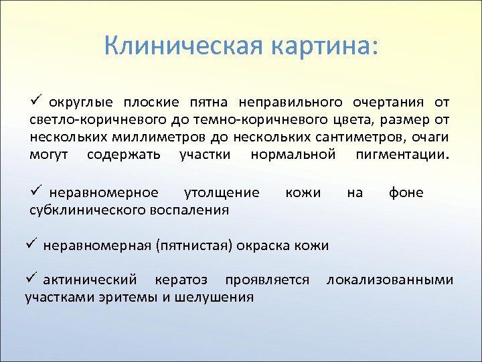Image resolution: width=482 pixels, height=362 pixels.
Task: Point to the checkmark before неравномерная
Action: point(30,244)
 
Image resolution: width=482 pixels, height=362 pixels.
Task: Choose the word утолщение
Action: point(222,193)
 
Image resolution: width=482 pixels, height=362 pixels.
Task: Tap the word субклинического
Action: point(85,210)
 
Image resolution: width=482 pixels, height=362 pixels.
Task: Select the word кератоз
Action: point(181,280)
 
